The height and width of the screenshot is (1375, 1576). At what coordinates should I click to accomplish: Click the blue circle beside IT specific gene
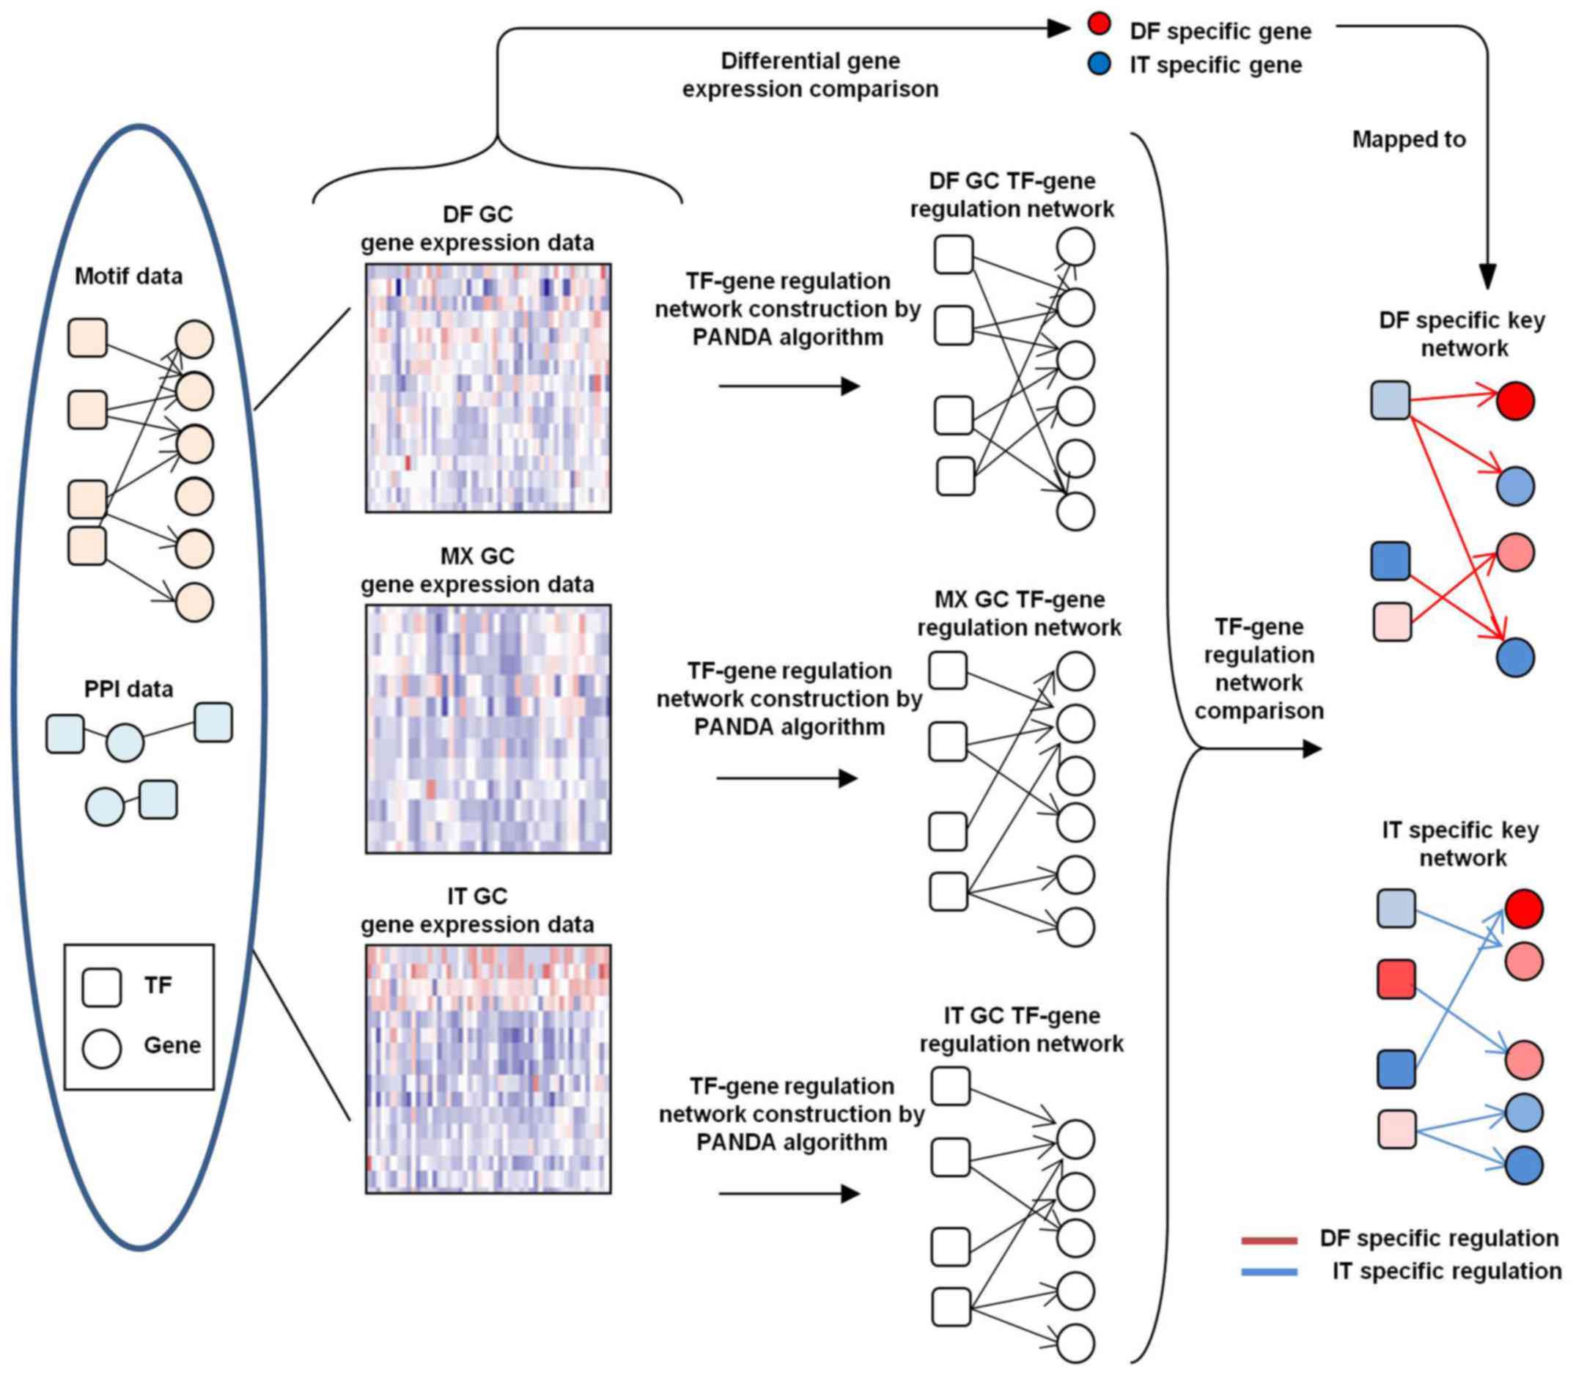[1099, 64]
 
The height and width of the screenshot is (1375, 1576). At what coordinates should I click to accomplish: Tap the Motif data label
[128, 276]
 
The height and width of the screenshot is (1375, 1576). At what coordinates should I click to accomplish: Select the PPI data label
[128, 689]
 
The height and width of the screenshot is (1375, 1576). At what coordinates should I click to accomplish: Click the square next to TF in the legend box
[101, 987]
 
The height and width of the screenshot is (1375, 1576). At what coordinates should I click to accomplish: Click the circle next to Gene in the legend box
[101, 1048]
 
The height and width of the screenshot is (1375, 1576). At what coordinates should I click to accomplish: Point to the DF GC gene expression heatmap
[488, 388]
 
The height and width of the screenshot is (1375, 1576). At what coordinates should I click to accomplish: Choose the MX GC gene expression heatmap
[488, 729]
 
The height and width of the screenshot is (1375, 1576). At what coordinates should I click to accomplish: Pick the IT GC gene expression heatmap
[488, 1069]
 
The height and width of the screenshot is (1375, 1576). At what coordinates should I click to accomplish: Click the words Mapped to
[1409, 140]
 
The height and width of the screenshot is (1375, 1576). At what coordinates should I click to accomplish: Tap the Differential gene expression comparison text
[810, 75]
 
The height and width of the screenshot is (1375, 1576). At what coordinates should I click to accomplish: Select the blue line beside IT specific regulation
[1269, 1272]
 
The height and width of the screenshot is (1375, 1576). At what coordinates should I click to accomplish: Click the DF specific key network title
[1462, 333]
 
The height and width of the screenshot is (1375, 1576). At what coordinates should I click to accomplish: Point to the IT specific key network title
[1461, 844]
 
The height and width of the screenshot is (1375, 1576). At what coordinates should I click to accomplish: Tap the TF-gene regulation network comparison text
[1259, 668]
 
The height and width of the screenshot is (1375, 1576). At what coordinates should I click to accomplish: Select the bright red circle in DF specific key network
[1515, 400]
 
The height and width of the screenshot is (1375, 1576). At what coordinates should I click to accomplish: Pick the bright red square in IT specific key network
[1396, 979]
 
